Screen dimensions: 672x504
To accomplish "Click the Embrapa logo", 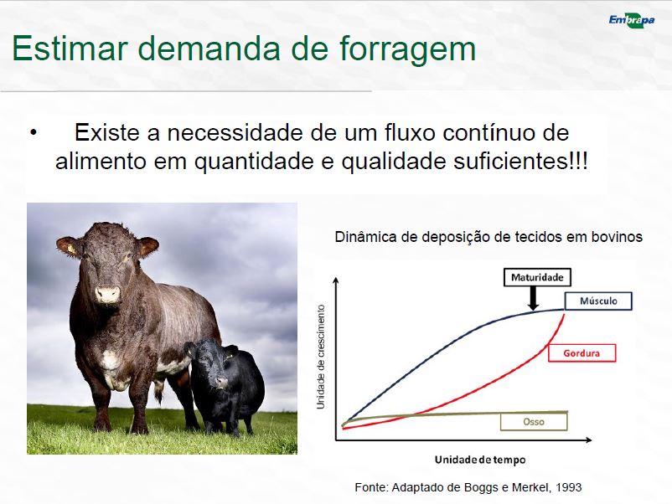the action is click(632, 21).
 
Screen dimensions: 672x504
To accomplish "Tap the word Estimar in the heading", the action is click(70, 48).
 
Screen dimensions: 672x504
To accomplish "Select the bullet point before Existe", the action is click(34, 132).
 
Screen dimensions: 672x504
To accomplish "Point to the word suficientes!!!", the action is click(520, 162).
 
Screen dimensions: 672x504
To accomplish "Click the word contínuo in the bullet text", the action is click(488, 133).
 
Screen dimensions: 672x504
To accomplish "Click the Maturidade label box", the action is click(537, 277).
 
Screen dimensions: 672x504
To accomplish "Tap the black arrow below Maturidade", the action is click(533, 298).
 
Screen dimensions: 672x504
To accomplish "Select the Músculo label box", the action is click(598, 301).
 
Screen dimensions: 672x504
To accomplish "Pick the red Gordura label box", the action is click(582, 353).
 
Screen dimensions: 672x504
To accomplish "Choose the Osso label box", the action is click(534, 422).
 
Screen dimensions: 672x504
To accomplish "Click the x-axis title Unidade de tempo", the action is click(480, 460).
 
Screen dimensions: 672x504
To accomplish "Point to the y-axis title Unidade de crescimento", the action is click(321, 357).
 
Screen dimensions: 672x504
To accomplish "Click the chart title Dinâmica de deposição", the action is click(488, 237).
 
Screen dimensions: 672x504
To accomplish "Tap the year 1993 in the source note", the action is click(569, 487).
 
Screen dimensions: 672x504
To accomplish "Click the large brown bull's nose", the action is click(107, 294).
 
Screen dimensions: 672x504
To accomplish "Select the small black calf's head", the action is click(213, 363).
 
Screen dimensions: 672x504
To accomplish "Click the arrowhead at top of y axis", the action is click(336, 280).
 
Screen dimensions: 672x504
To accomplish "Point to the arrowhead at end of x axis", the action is click(588, 440).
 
